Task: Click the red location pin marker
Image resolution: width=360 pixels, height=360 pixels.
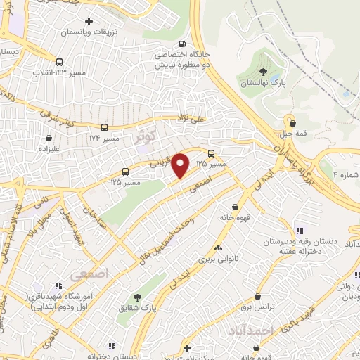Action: tap(181, 165)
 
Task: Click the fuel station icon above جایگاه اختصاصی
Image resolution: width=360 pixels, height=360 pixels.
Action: tap(184, 44)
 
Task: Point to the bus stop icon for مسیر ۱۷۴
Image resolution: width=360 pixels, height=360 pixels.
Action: tap(105, 127)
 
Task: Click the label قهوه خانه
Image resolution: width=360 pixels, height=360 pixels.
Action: tap(236, 217)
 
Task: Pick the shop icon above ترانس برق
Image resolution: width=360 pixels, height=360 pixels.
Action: tap(259, 297)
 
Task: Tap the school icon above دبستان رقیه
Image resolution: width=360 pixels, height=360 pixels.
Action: tap(300, 230)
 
